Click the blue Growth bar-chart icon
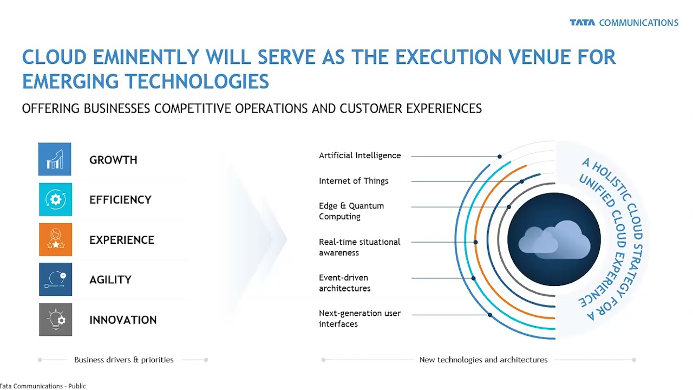(55, 159)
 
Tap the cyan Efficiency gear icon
(56, 199)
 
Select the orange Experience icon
(56, 239)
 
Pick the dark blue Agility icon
(56, 279)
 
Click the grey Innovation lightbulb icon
(56, 320)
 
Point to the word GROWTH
(113, 160)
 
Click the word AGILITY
(110, 280)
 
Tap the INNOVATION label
(123, 320)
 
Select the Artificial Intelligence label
(360, 155)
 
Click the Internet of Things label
(354, 181)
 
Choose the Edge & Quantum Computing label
(351, 211)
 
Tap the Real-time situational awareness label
(359, 248)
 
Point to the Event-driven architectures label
(345, 283)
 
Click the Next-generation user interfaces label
(360, 318)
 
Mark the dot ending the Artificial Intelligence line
(500, 157)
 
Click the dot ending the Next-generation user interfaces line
(490, 315)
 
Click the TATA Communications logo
(624, 23)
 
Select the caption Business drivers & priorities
(124, 360)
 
